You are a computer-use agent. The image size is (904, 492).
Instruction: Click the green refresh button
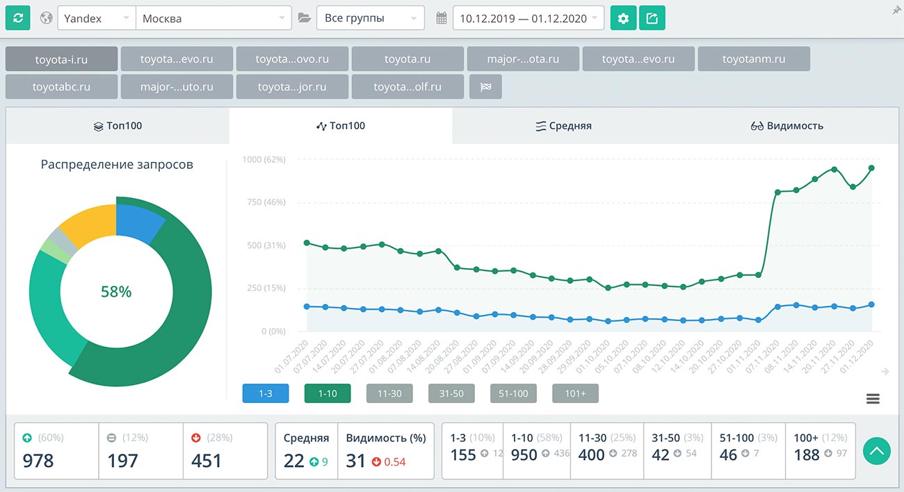18,18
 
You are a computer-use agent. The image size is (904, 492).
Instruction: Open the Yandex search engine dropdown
96,19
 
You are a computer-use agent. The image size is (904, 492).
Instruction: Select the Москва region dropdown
213,19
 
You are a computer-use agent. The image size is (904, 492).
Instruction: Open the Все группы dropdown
370,19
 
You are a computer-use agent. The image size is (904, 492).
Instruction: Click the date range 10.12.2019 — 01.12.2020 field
528,19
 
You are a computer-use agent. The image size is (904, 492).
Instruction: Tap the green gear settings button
623,19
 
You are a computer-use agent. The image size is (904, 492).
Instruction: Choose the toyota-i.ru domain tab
61,59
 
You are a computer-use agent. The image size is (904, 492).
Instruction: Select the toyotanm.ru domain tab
754,59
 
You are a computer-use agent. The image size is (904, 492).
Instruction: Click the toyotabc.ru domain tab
61,88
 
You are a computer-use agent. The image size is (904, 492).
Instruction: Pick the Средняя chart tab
563,126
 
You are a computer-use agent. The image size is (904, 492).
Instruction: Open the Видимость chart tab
787,126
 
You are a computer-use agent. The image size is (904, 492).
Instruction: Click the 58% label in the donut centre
116,292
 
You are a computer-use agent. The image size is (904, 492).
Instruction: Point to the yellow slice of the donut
85,227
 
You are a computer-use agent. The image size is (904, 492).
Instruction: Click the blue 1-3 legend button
266,394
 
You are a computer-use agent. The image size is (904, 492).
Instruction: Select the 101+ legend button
575,394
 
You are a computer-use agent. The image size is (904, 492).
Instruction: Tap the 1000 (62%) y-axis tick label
264,160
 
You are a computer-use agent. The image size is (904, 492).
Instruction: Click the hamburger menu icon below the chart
873,399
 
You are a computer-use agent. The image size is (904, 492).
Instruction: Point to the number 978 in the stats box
38,460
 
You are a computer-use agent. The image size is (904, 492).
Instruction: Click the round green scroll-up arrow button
877,452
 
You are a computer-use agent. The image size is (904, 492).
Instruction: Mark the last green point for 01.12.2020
871,168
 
